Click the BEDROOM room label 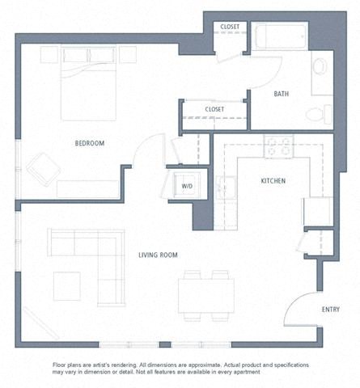point(90,143)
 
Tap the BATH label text point(281,95)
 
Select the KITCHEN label point(273,181)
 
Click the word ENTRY point(330,309)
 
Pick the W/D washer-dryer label point(187,186)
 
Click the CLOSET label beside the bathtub point(231,27)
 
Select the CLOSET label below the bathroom point(214,109)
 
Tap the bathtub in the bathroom point(279,38)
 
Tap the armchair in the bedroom point(42,168)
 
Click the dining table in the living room point(207,291)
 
